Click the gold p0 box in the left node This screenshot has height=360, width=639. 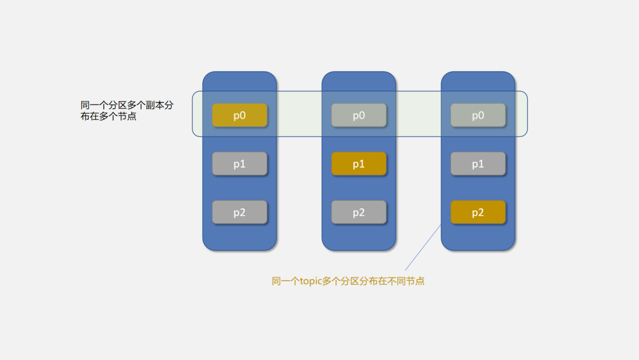click(240, 115)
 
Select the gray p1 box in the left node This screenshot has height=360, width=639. click(240, 164)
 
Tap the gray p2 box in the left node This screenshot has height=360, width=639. click(240, 213)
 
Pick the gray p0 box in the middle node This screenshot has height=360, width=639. click(359, 115)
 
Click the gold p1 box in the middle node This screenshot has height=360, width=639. click(359, 164)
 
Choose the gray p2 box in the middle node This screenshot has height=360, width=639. click(359, 213)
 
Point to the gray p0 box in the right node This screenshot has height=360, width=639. click(478, 115)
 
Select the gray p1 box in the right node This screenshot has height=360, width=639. click(478, 164)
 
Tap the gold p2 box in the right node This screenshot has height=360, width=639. click(478, 213)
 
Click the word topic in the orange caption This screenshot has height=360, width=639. click(311, 281)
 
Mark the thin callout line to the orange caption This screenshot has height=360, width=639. click(423, 247)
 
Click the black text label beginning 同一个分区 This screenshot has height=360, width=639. click(127, 111)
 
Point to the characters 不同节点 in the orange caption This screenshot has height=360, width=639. click(405, 281)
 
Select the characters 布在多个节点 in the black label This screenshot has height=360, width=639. click(108, 117)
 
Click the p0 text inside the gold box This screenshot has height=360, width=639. click(240, 115)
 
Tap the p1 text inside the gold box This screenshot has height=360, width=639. click(359, 164)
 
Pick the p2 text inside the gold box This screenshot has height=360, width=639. click(478, 213)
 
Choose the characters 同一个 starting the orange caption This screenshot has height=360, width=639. click(286, 281)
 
